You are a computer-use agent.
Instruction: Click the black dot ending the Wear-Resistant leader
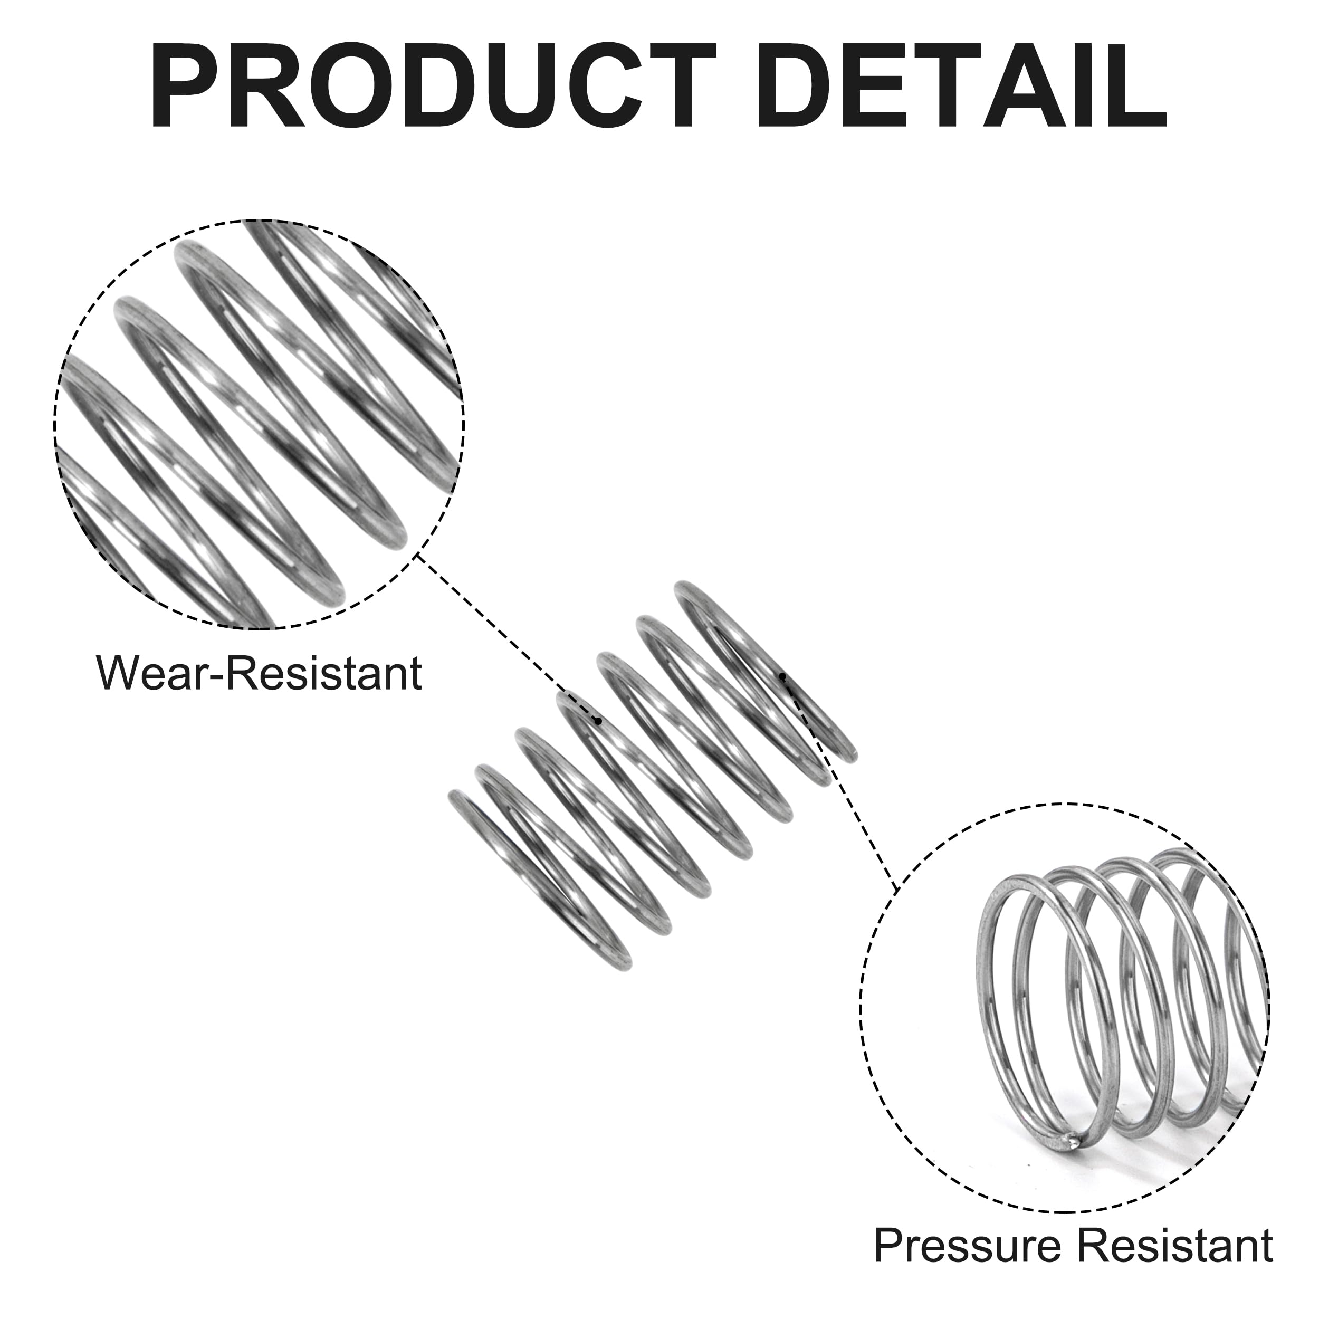tap(599, 720)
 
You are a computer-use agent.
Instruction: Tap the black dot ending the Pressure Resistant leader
tap(782, 676)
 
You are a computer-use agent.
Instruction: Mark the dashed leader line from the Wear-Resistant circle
tap(507, 638)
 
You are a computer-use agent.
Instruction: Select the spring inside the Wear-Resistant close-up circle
tap(260, 423)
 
